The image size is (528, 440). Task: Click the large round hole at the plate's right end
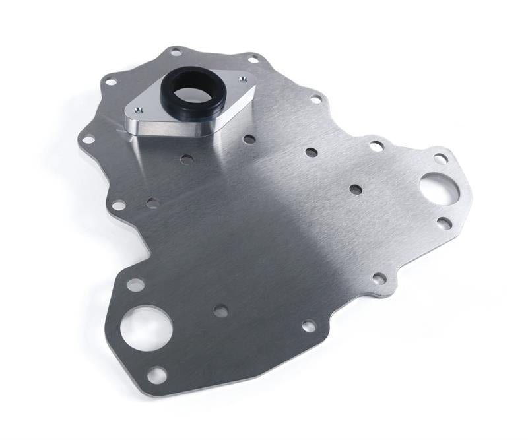coord(439,189)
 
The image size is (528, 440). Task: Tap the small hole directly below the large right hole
coord(444,224)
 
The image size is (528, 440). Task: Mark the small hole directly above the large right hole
coord(440,158)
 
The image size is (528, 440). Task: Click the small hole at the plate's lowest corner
coord(156,375)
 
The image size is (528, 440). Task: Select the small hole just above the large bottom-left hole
coord(135,285)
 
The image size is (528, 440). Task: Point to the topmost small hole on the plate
coord(176,51)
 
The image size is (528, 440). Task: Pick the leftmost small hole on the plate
coord(87,139)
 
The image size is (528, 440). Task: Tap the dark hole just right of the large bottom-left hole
coord(220,311)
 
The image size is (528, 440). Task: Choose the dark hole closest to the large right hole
coord(356,189)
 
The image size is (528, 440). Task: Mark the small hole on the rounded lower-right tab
coord(379,278)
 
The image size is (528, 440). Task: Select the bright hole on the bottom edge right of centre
coord(308,325)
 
